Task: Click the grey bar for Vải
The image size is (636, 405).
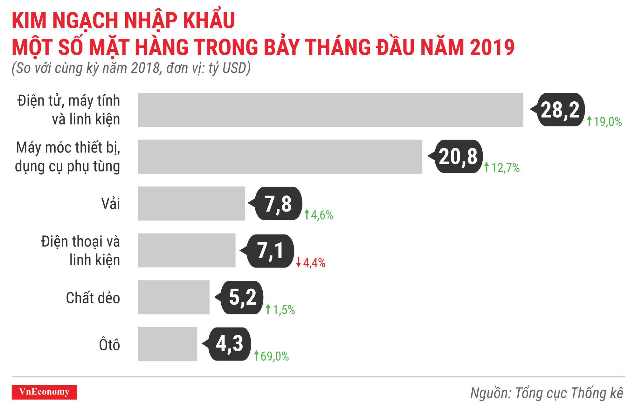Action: pyautogui.click(x=191, y=204)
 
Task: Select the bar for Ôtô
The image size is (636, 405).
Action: pyautogui.click(x=168, y=344)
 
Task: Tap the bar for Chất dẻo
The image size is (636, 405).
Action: pyautogui.click(x=174, y=297)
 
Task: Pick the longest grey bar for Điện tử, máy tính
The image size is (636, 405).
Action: pyautogui.click(x=330, y=110)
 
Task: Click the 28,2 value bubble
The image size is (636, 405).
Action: pyautogui.click(x=560, y=110)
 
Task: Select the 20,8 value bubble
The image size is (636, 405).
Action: pyautogui.click(x=458, y=156)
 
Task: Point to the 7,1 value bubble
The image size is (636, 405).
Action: pyautogui.click(x=270, y=251)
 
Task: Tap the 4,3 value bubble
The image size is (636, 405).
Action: pyautogui.click(x=230, y=344)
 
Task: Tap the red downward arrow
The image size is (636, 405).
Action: pyautogui.click(x=298, y=262)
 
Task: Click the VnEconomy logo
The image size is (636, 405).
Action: pyautogui.click(x=44, y=392)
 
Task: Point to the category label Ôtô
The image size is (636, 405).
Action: pyautogui.click(x=109, y=345)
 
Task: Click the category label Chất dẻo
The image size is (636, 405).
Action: pyautogui.click(x=93, y=298)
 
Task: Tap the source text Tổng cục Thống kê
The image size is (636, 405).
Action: pyautogui.click(x=569, y=393)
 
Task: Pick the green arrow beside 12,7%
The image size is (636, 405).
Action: pyautogui.click(x=486, y=167)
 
